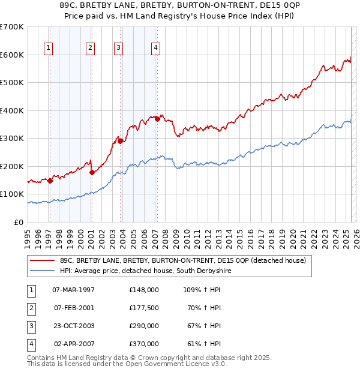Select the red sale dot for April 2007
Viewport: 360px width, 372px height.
click(x=157, y=119)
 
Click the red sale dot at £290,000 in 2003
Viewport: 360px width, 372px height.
click(x=121, y=141)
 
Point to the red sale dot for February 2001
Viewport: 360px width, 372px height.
click(x=92, y=172)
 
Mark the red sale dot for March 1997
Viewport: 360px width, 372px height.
click(x=50, y=181)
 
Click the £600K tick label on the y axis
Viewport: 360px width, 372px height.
click(x=11, y=55)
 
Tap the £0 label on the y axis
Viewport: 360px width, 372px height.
click(x=19, y=222)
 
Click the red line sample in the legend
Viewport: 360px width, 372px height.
click(x=42, y=260)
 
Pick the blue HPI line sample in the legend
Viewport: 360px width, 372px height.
click(x=42, y=271)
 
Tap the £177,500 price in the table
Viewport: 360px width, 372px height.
click(x=144, y=308)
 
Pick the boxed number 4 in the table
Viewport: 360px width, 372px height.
click(x=29, y=344)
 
